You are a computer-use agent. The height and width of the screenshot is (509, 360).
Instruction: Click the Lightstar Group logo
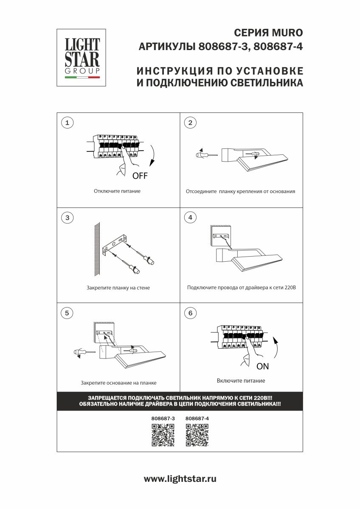tap(82, 58)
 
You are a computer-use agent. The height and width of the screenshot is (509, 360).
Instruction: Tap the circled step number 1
tap(67, 123)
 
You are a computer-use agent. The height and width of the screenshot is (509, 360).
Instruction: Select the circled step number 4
tap(190, 218)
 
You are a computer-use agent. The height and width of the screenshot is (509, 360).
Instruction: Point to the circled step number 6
tap(190, 313)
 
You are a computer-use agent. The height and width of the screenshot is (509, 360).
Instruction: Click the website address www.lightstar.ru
tap(180, 479)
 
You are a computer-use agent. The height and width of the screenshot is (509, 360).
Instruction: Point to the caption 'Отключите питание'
tap(117, 191)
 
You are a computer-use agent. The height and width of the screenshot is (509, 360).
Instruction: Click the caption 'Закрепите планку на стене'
tap(118, 288)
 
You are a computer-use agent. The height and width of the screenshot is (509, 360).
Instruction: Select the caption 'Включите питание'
tap(241, 380)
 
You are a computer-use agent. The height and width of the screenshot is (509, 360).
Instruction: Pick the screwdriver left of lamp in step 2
tap(206, 155)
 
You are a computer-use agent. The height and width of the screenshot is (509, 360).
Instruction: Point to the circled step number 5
tap(67, 313)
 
